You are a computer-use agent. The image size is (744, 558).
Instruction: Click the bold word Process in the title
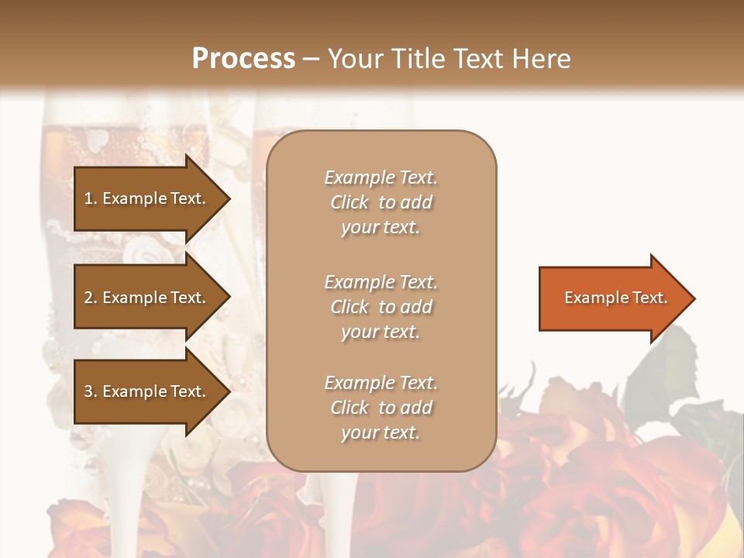click(243, 59)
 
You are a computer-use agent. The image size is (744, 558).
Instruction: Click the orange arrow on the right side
click(612, 298)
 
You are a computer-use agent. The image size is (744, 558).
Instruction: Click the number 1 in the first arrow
click(88, 198)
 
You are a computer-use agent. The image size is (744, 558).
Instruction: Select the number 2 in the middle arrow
click(88, 298)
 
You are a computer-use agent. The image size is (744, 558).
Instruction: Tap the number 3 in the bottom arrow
click(88, 391)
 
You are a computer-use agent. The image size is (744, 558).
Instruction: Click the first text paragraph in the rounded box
click(381, 202)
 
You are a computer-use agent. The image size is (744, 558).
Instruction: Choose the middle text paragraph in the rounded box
click(381, 307)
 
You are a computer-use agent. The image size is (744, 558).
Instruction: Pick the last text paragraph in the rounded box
click(381, 408)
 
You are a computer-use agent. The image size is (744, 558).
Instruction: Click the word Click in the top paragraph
click(350, 202)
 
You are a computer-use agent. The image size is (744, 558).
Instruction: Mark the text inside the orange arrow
click(615, 298)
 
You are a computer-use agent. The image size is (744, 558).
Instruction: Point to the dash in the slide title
click(311, 59)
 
